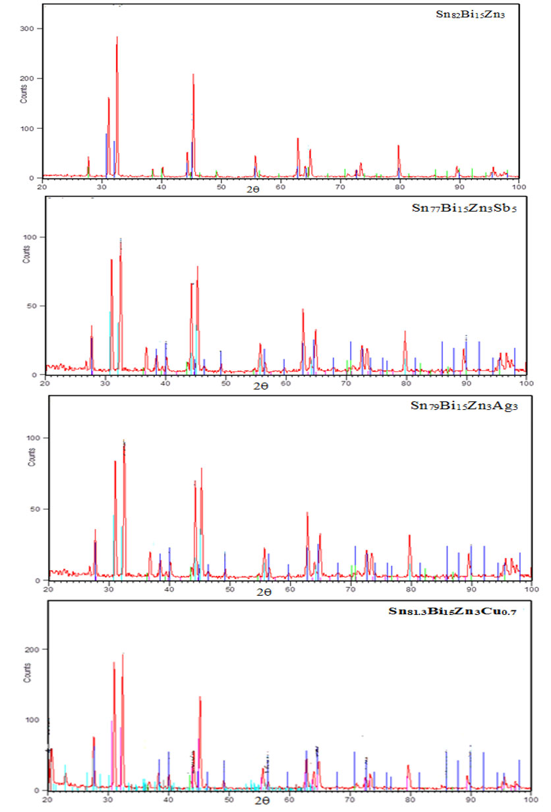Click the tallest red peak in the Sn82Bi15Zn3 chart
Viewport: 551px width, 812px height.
tap(117, 38)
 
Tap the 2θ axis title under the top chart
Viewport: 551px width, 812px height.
tap(253, 189)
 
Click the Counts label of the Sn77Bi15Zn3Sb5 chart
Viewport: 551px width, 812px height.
tap(27, 253)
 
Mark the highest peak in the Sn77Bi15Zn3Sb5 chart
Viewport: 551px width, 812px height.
tap(121, 240)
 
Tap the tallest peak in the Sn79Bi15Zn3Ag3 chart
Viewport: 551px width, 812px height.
tap(124, 442)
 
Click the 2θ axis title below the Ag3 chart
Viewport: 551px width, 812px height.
tap(264, 593)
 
